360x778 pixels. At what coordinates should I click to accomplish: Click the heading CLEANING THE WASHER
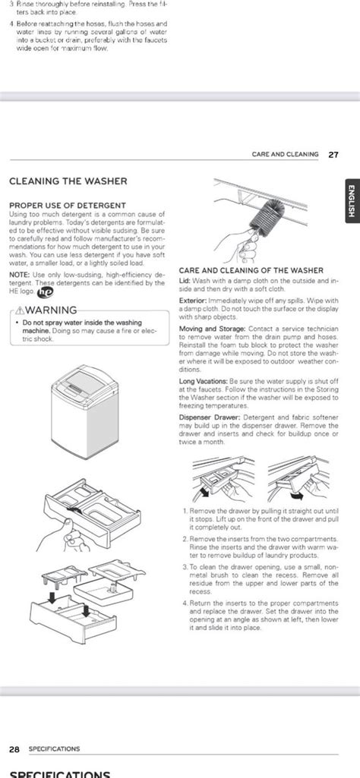[68, 181]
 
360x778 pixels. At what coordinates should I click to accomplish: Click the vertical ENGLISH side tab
[350, 203]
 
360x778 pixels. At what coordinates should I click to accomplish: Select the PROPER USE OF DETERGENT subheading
[68, 206]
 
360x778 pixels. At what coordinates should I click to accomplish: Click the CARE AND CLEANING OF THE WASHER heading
[251, 271]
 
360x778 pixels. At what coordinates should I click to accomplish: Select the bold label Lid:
[185, 281]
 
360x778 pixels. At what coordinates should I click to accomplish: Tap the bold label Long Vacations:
[201, 381]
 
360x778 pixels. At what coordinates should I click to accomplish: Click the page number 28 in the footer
[14, 748]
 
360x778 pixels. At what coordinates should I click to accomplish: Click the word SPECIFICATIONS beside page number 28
[54, 748]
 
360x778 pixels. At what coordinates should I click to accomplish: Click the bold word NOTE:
[20, 274]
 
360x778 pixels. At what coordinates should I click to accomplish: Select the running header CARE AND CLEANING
[285, 154]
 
